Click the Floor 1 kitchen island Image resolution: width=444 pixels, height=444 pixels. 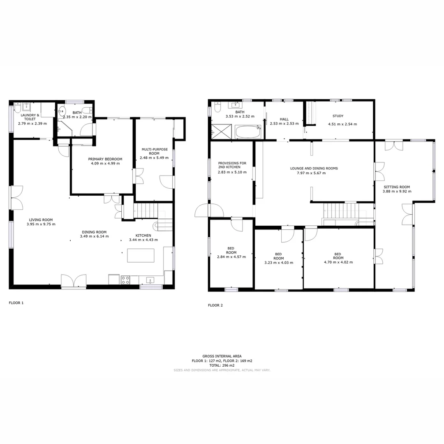coord(141,255)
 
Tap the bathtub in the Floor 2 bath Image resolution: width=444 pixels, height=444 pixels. coord(248,132)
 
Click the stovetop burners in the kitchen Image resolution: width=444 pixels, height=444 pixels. coord(125,280)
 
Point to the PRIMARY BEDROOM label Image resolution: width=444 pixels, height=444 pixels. coord(105,159)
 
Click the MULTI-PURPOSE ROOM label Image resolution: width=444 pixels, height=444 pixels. coord(154,151)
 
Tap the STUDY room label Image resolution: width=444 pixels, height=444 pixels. coord(338,116)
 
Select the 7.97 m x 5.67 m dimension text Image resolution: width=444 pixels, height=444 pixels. coord(308,173)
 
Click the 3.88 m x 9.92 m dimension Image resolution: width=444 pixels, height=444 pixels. coord(396,192)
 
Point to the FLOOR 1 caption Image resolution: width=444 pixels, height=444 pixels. coord(16,303)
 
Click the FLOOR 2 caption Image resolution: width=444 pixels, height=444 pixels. coord(215,305)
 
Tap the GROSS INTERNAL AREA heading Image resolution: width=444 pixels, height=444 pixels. coord(222,356)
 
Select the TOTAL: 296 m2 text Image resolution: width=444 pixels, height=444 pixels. coord(222,365)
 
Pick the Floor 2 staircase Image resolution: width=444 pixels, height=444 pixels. coord(342,211)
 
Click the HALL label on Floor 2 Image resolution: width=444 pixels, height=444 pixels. coord(284,119)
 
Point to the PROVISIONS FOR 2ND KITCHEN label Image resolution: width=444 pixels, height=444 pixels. coord(232,165)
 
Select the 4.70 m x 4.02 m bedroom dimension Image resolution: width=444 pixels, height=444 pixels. coord(338,262)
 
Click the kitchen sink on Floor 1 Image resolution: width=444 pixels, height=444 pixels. coord(150,280)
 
